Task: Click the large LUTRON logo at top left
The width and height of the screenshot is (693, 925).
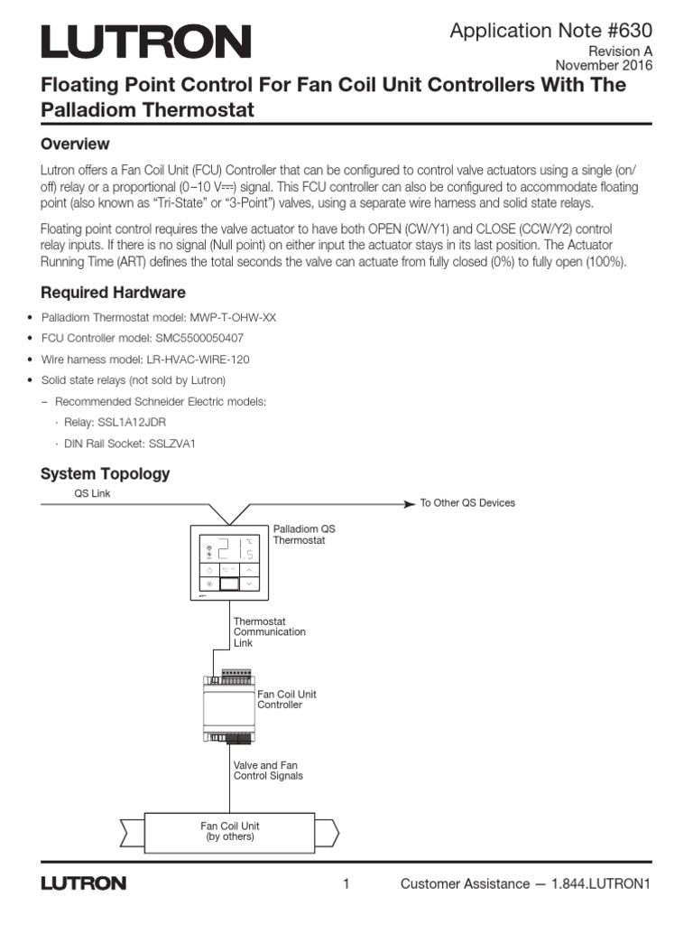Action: (145, 42)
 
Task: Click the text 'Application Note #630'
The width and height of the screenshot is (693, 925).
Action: (551, 30)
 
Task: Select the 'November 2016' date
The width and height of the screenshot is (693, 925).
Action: (604, 65)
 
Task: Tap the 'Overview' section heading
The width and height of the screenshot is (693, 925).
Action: (76, 144)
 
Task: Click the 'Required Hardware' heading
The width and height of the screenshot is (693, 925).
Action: (114, 293)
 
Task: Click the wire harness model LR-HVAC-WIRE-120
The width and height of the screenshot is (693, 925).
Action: (193, 359)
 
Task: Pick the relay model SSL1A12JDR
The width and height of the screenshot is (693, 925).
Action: (129, 422)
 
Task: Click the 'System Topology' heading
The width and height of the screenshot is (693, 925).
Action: (106, 473)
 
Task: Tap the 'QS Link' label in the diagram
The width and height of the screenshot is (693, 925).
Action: (92, 493)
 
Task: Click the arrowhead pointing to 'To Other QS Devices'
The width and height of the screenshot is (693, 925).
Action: (409, 502)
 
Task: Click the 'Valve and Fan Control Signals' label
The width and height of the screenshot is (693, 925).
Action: (268, 770)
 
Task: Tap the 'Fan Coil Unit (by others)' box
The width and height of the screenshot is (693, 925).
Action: (229, 831)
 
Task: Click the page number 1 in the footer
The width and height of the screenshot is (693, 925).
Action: (346, 883)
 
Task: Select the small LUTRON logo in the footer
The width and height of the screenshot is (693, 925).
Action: (83, 883)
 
